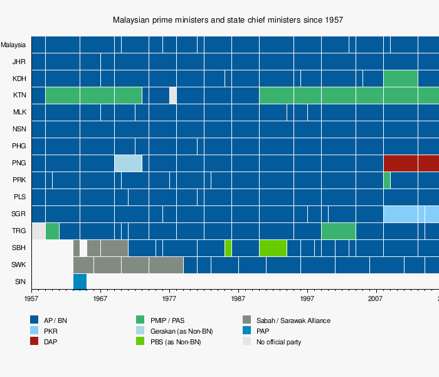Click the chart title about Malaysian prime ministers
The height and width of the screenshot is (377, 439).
click(228, 20)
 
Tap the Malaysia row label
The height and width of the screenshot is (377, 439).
click(13, 45)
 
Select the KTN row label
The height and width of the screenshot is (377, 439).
click(19, 96)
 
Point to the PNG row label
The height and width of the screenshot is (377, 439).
click(19, 163)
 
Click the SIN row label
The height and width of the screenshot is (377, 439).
click(20, 281)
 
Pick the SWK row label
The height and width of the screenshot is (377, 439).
click(19, 265)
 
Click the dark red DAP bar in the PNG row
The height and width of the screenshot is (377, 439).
click(411, 163)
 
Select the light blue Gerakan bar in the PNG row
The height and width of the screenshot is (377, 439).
click(128, 163)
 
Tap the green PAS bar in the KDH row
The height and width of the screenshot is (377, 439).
click(401, 79)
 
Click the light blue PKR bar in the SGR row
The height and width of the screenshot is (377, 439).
click(411, 214)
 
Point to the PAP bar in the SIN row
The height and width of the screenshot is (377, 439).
click(80, 281)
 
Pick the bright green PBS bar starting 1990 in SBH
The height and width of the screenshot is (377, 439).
click(273, 248)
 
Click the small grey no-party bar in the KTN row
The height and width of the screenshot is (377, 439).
click(173, 96)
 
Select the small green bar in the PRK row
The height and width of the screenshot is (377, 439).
click(387, 180)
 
